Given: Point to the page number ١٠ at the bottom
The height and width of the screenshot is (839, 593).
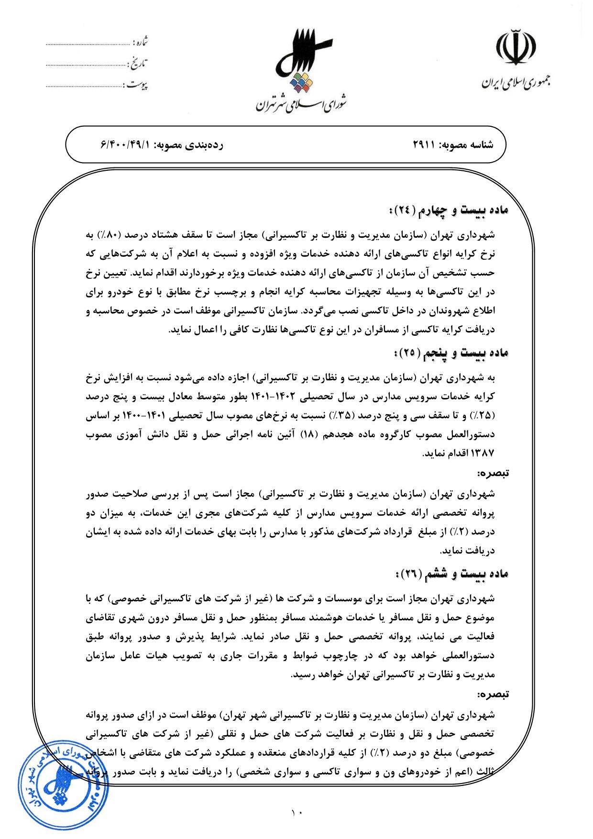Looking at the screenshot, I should click(x=296, y=811).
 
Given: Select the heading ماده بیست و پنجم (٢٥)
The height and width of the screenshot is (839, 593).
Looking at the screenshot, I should click(x=450, y=353).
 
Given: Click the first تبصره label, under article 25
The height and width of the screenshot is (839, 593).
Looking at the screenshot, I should click(x=494, y=474).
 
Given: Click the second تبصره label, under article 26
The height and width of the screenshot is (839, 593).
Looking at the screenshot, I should click(x=494, y=693).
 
